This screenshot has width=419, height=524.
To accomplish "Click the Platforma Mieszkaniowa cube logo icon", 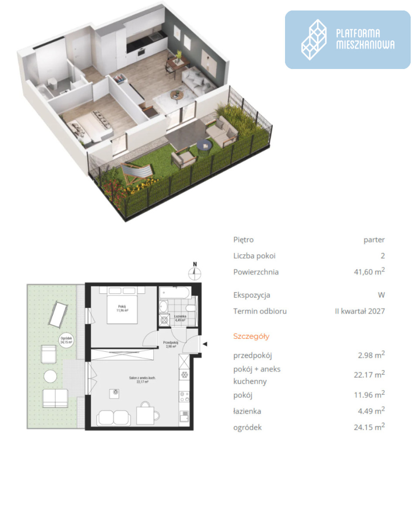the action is coord(313,40).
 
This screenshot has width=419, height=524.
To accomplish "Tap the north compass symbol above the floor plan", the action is coord(195,271).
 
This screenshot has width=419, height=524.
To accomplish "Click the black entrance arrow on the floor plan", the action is coord(205,344).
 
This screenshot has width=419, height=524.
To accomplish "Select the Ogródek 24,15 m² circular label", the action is coord(66,340).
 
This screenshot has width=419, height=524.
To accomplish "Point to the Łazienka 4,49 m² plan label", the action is coord(180,318).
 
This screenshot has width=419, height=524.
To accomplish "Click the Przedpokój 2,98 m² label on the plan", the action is coord(170,344).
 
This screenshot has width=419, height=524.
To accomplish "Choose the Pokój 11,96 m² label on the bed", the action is coord(122,308).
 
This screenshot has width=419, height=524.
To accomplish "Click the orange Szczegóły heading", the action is coord(251,337).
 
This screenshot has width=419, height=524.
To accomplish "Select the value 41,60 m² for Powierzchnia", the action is coord(369,271).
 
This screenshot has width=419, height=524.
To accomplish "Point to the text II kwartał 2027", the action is coord(360,311).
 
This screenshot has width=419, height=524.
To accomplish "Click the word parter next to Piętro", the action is coord(374,240).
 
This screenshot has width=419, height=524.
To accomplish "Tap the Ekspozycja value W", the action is coord(381,295).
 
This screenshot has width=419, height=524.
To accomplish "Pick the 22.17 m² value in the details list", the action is coord(369,374).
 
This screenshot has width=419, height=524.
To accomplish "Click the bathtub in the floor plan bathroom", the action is coord(175,293).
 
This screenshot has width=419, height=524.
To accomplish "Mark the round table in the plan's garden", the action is coord(50,376).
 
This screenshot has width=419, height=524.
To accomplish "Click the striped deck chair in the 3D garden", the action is coord(137,172).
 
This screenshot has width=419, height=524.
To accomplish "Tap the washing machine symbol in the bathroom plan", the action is coord(165,320).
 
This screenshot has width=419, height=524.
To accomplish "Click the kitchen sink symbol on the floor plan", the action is coord(184,417).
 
